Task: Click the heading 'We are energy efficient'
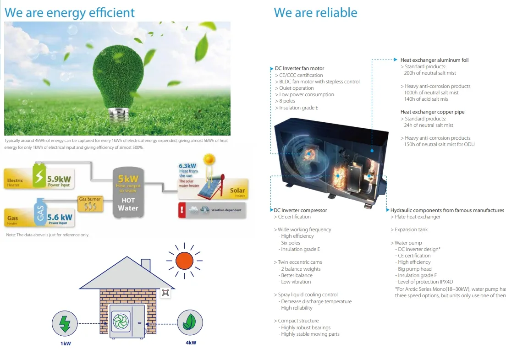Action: tap(70, 12)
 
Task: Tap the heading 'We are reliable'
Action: tap(315, 12)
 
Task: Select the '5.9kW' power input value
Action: tap(59, 179)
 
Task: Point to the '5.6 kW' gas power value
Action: tap(60, 217)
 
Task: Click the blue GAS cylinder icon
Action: tap(41, 213)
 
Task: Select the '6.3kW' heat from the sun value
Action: tap(187, 166)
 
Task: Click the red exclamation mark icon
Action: tap(183, 210)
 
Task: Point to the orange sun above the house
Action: tap(184, 261)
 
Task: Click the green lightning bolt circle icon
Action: tap(65, 323)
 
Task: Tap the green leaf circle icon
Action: tap(190, 322)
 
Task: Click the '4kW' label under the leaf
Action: tap(191, 343)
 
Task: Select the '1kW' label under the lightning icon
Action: tap(66, 343)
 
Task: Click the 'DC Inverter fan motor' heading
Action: tap(299, 69)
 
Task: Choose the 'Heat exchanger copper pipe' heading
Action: tap(432, 112)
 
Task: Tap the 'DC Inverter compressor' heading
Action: tap(300, 210)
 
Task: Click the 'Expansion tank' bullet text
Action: tap(411, 230)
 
